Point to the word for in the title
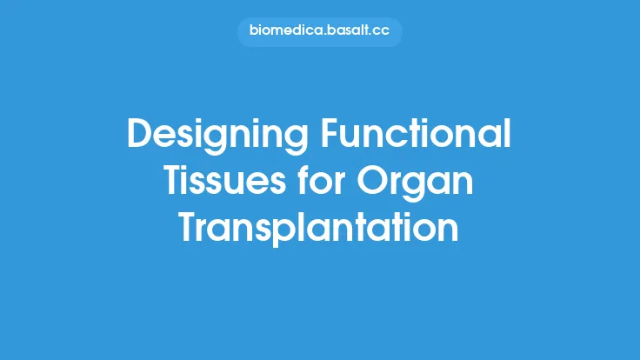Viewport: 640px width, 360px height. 330,182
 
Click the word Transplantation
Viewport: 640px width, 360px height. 319,228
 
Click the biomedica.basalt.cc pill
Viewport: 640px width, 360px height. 319,32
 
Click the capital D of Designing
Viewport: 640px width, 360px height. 139,136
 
